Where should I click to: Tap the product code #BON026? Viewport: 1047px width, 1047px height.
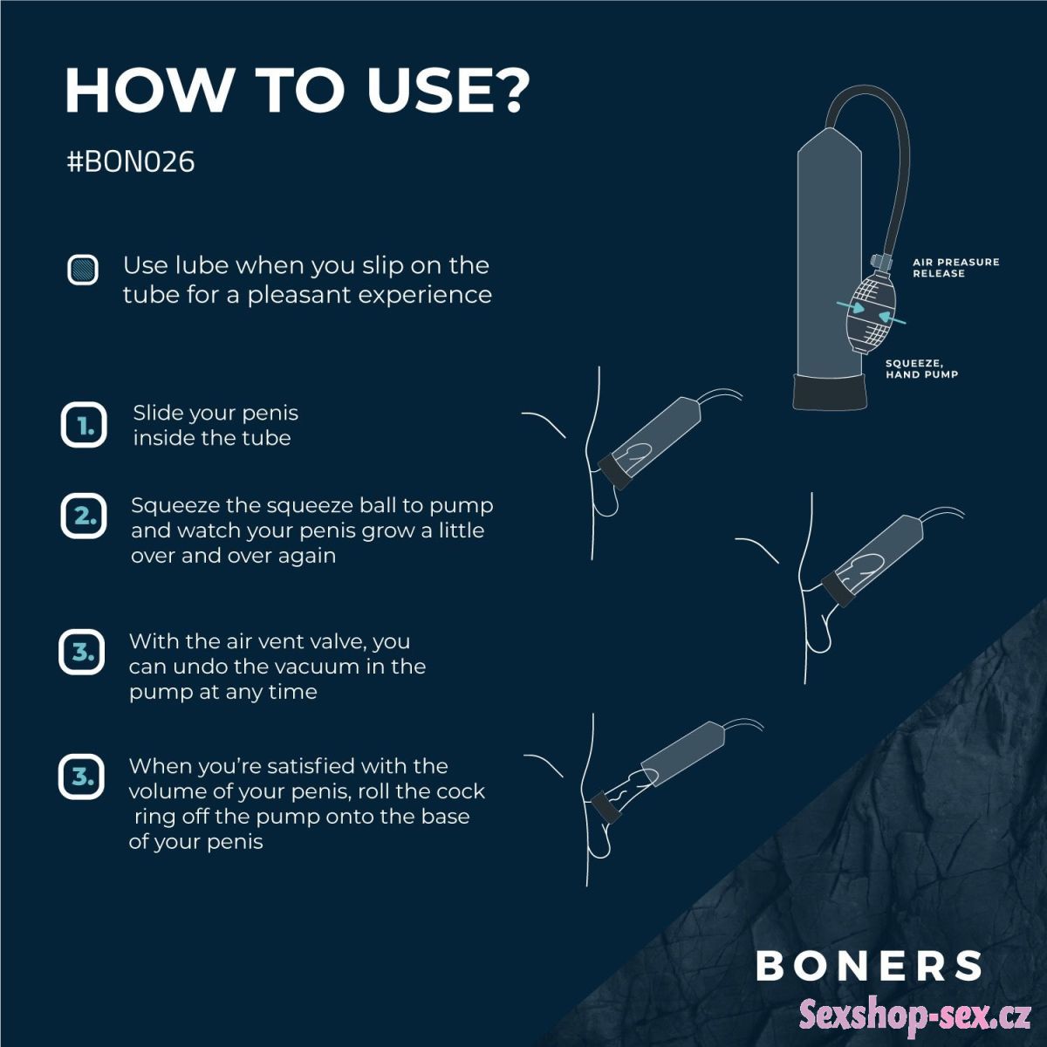130,162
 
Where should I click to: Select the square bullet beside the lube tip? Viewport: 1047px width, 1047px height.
83,270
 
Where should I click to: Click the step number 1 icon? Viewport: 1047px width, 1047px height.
84,425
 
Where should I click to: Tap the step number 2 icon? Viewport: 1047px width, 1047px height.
84,516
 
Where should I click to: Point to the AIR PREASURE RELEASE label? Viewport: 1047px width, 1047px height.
955,267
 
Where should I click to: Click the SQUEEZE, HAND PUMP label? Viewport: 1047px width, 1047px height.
921,368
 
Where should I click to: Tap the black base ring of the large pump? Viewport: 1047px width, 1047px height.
828,392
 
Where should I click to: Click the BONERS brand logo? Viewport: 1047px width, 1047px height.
867,965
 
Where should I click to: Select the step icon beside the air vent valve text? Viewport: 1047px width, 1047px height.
81,652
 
